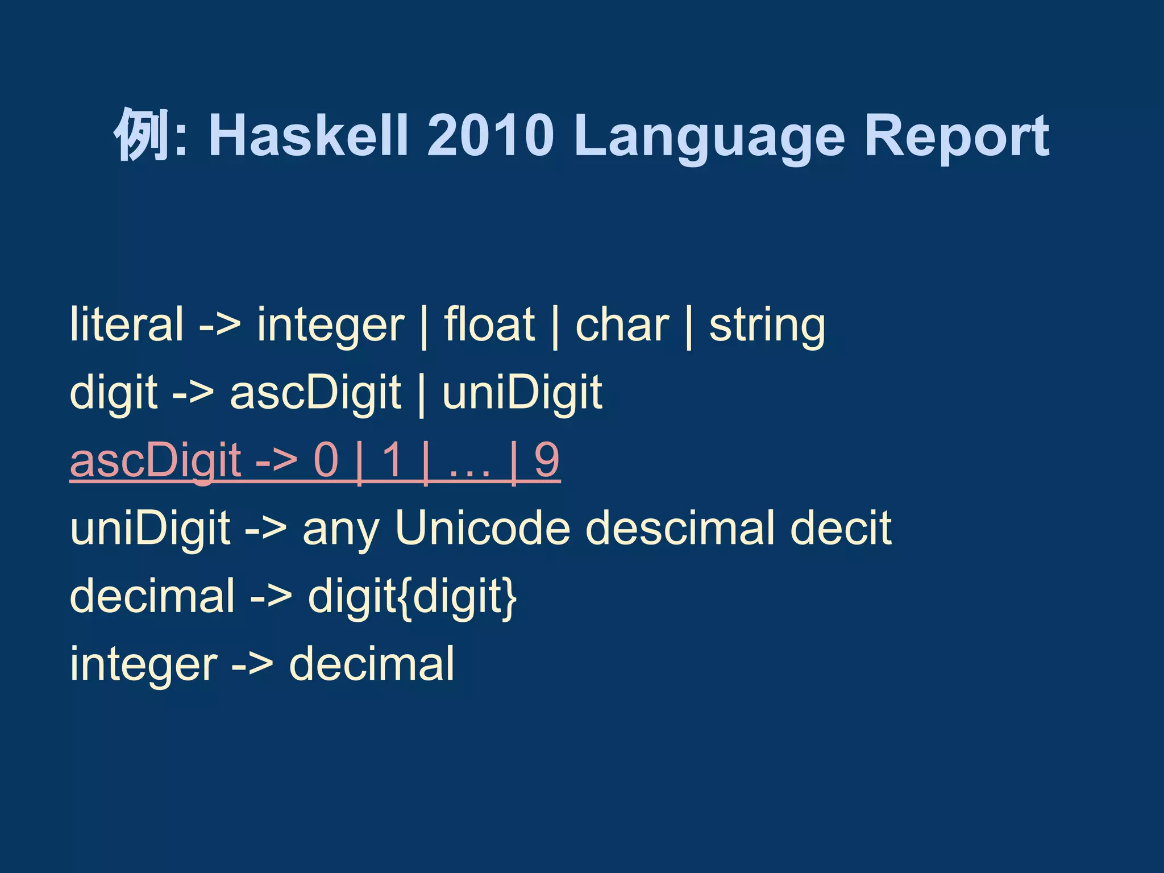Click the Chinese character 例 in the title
[142, 135]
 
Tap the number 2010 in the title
[490, 135]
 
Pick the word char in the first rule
[622, 325]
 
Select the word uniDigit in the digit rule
[522, 393]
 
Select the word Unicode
[483, 528]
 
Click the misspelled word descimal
[680, 528]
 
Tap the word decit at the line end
[841, 528]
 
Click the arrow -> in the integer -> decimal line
[252, 665]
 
